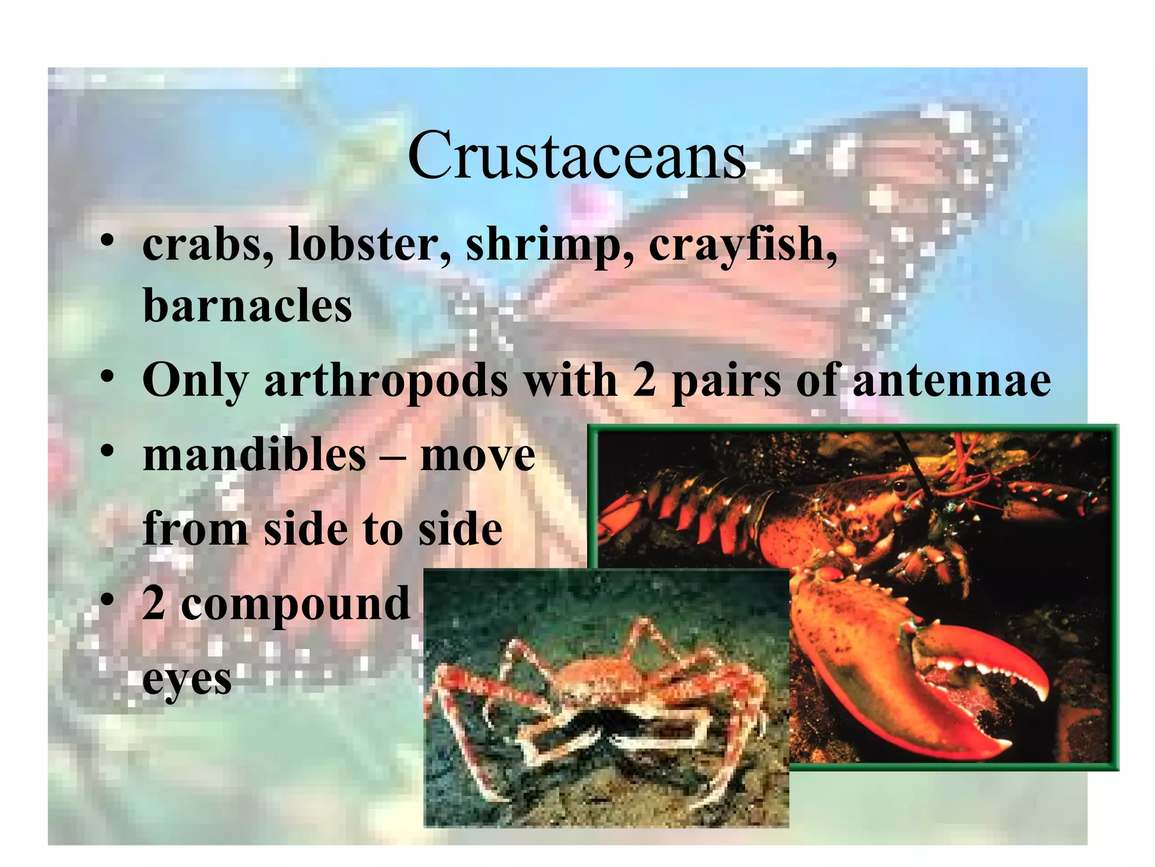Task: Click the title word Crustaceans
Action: point(576,155)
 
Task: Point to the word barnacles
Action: point(248,306)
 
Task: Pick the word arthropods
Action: point(386,381)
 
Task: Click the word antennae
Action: point(951,380)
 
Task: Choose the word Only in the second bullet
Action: point(195,381)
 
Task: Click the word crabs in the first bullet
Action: point(208,246)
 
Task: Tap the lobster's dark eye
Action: point(900,484)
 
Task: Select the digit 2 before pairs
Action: point(644,380)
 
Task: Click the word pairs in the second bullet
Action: point(726,381)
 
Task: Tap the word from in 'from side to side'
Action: point(195,529)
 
